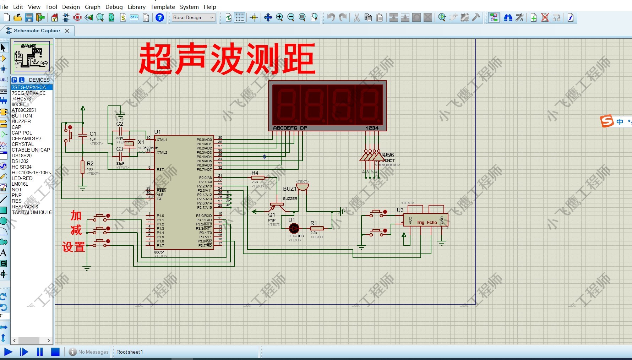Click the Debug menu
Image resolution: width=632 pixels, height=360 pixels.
[114, 7]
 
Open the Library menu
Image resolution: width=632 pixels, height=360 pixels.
[136, 7]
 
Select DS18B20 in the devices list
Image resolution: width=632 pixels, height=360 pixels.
[22, 156]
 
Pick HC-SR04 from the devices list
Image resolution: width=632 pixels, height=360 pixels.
[22, 167]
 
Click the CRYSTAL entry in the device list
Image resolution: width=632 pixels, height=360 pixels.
[23, 144]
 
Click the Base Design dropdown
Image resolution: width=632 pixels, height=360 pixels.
[194, 17]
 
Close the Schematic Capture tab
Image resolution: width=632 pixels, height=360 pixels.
[67, 31]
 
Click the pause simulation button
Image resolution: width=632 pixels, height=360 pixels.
[40, 352]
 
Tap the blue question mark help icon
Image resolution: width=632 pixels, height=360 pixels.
[160, 17]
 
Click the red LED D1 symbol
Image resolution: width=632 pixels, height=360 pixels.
[294, 229]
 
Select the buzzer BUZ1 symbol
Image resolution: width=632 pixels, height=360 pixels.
[302, 187]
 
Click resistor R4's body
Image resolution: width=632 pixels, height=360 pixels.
[258, 178]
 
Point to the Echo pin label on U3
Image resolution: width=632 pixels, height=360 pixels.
[432, 223]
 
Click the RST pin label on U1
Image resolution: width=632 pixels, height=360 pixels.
[160, 170]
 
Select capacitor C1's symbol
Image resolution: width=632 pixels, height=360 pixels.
[83, 135]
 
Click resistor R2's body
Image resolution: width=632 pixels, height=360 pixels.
[83, 167]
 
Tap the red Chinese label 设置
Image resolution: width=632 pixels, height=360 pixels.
[74, 247]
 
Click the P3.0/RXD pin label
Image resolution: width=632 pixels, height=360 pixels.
[204, 216]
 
